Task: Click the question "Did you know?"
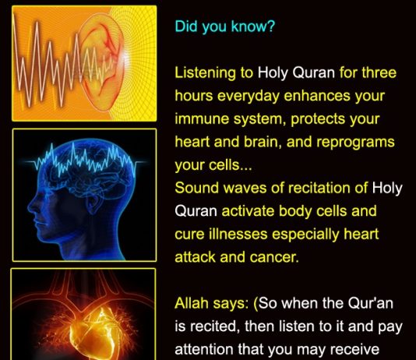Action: click(225, 26)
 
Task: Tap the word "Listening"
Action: click(205, 73)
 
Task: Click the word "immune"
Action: click(203, 118)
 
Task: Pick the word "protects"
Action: click(318, 120)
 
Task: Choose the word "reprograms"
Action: click(355, 143)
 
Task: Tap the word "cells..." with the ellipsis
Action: click(230, 164)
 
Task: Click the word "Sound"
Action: click(197, 188)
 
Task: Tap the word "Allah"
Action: click(192, 303)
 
